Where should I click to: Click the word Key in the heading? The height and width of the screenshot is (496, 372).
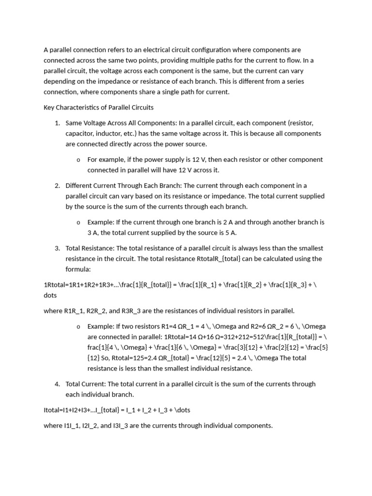point(49,107)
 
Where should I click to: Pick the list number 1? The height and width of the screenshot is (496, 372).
point(57,123)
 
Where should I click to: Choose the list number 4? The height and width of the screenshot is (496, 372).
point(57,384)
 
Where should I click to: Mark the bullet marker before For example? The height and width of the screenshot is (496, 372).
point(78,160)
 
